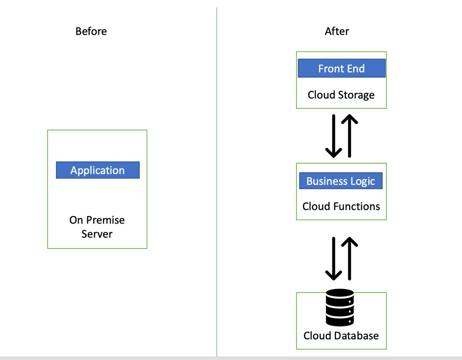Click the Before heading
91,31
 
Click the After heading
337,31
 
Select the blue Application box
98,170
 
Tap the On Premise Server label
97,227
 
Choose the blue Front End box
341,68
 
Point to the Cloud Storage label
341,95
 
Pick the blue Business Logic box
341,181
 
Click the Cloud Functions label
341,206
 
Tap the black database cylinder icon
340,307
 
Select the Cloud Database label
341,336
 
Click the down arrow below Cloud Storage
333,136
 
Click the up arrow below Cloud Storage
349,136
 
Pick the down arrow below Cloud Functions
333,259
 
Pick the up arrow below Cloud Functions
349,259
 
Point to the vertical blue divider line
217,182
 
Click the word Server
97,234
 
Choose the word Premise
105,220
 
